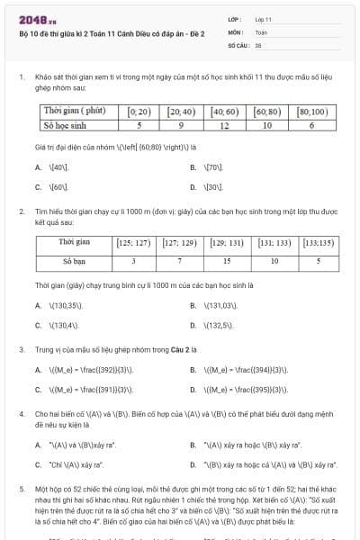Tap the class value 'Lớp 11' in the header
263,19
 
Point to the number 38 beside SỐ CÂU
258,43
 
